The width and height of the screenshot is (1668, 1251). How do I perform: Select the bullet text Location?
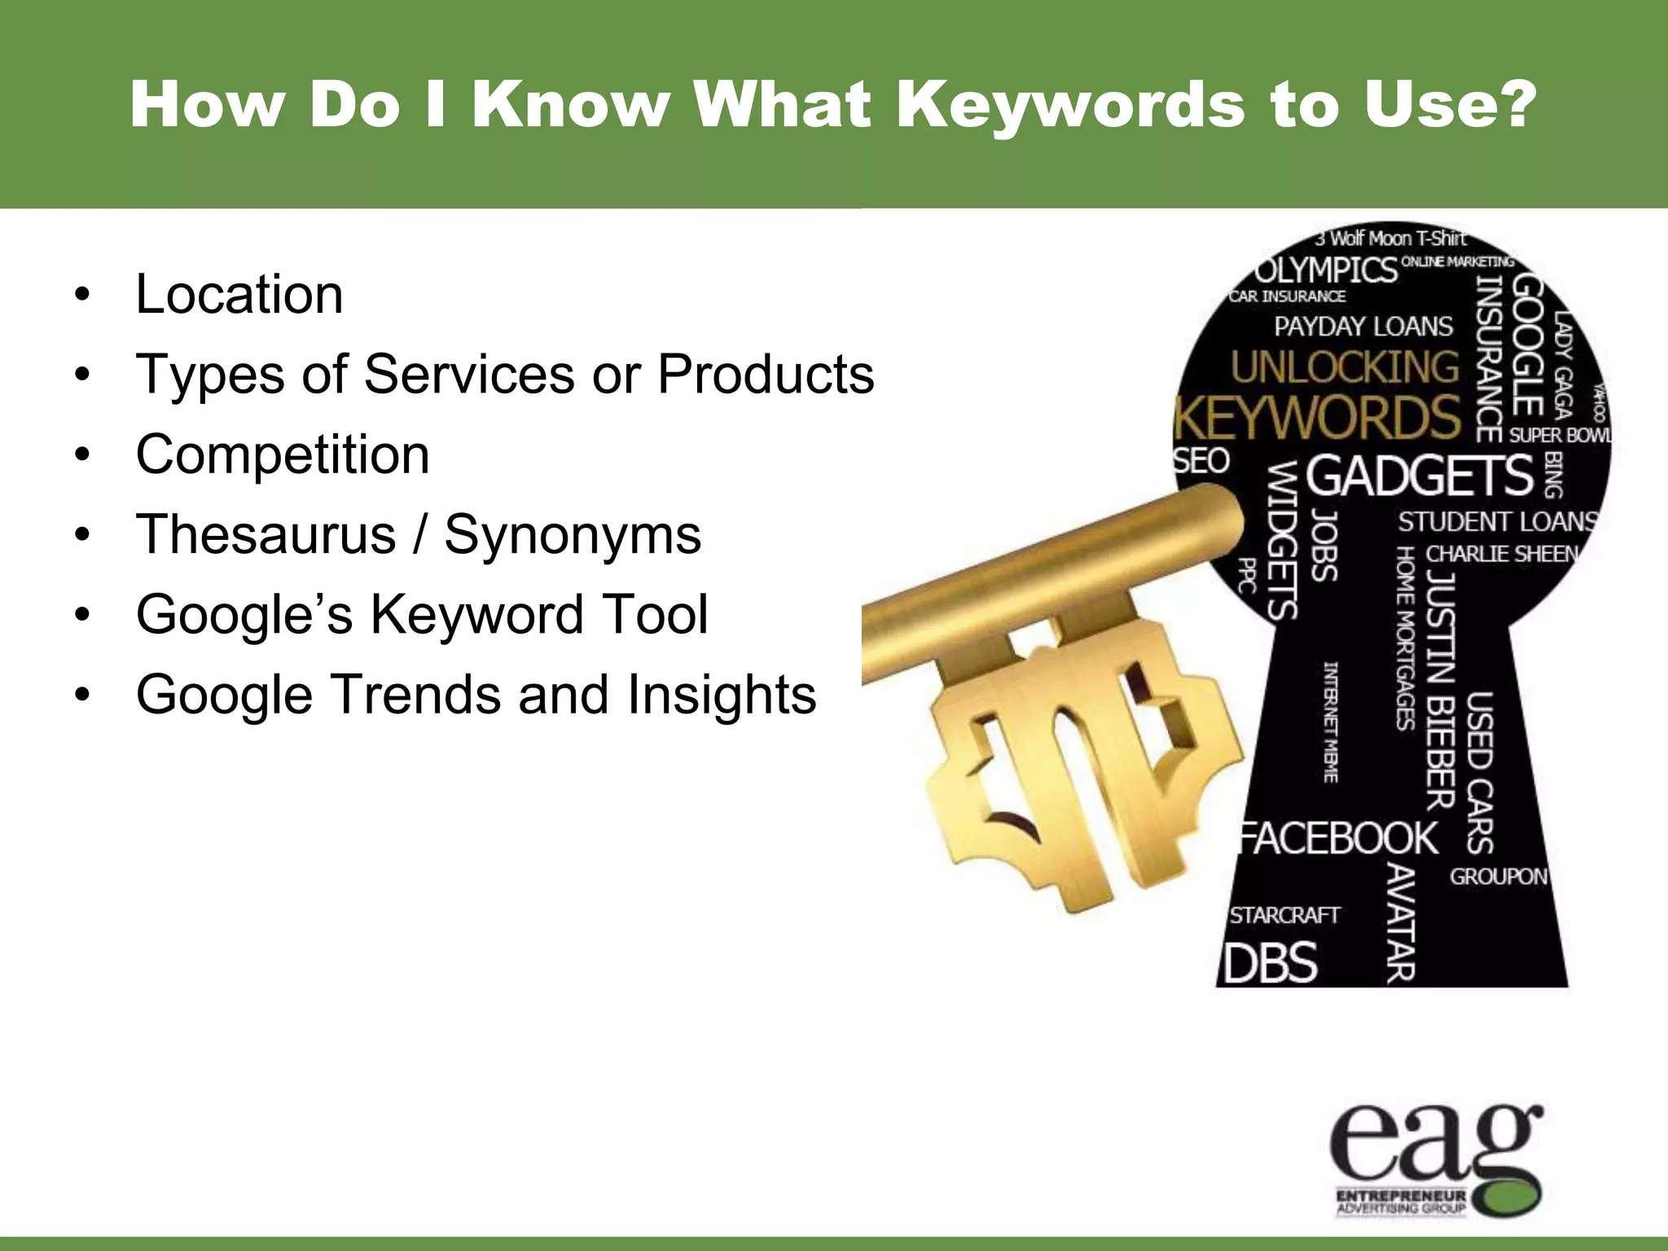(239, 294)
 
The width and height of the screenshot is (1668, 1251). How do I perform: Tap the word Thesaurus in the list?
(266, 535)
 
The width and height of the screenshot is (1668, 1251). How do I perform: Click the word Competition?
(283, 454)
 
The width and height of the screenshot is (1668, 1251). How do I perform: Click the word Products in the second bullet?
(766, 375)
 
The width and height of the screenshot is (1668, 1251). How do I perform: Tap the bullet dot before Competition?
(81, 455)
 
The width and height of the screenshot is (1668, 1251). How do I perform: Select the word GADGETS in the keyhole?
(1420, 476)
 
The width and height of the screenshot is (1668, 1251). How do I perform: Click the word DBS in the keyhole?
(1271, 963)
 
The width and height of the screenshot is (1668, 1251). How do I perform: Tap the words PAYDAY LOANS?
(1363, 327)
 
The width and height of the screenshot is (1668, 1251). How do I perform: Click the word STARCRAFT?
(1284, 915)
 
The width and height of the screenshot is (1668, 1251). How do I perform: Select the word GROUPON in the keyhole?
(1498, 877)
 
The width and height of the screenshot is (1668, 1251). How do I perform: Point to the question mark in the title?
(1517, 106)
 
